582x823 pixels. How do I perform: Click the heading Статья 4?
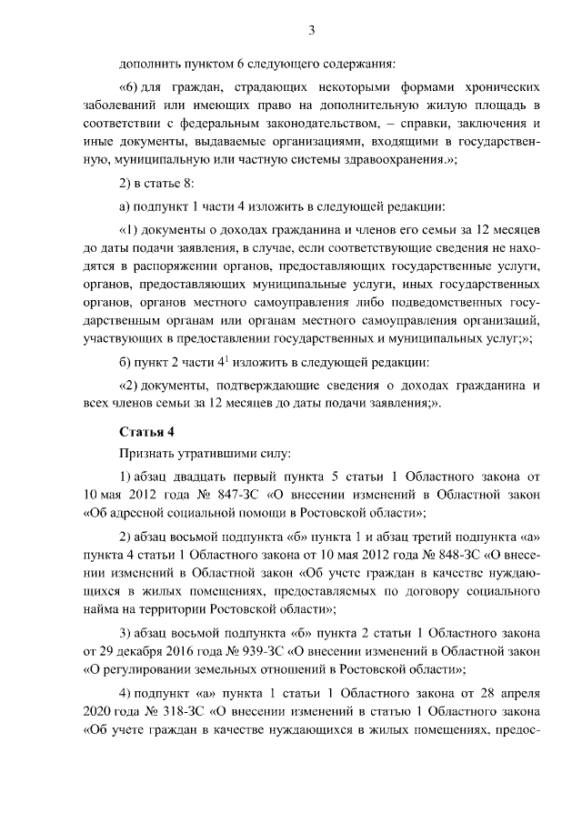tap(143, 430)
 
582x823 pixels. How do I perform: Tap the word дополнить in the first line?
tap(148, 64)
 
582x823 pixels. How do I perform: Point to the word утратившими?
tap(217, 452)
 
